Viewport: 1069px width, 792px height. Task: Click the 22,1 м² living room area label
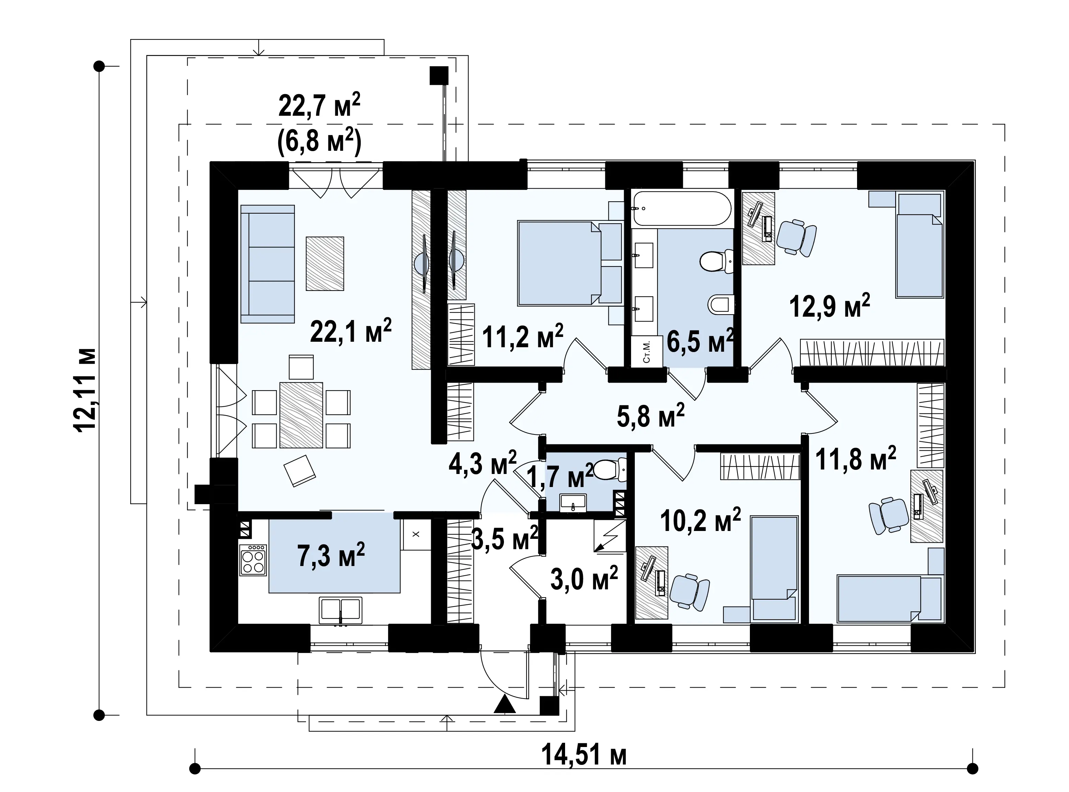pyautogui.click(x=351, y=330)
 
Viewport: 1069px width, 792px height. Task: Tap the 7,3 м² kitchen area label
pyautogui.click(x=331, y=555)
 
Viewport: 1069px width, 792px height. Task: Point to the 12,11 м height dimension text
pyautogui.click(x=86, y=390)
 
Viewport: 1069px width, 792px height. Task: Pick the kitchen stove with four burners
pyautogui.click(x=253, y=559)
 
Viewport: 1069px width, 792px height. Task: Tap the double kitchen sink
pyautogui.click(x=341, y=610)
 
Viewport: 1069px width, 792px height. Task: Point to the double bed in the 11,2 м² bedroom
pyautogui.click(x=559, y=263)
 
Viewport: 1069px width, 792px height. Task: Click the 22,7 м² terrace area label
pyautogui.click(x=319, y=106)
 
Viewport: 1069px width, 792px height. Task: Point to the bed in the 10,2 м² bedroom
pyautogui.click(x=774, y=569)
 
